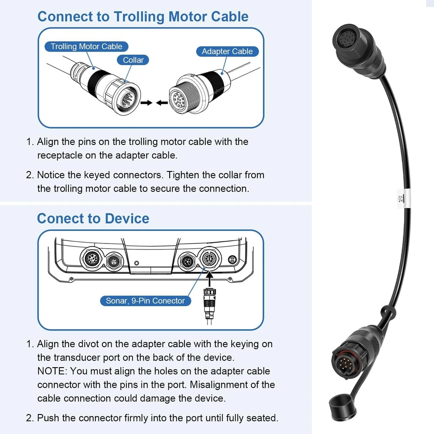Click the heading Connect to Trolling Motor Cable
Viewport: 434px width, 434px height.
[143, 16]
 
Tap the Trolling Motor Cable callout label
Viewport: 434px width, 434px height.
[86, 46]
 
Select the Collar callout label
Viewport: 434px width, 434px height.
[133, 60]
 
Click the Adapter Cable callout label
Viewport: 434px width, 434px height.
[227, 51]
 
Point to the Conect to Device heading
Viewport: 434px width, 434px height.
[93, 218]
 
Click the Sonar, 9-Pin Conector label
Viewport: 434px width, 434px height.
[145, 301]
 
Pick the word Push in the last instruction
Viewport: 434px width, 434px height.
[47, 418]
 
